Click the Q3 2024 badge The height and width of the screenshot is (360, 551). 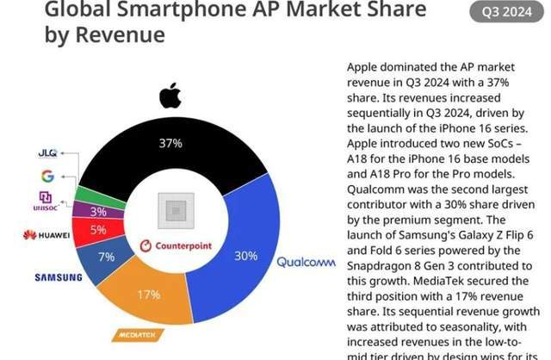click(x=505, y=12)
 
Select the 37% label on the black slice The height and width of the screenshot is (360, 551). click(x=170, y=144)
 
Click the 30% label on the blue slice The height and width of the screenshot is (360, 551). click(x=246, y=256)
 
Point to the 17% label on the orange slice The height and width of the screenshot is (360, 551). click(x=149, y=295)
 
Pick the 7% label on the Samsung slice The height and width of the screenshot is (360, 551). click(x=106, y=258)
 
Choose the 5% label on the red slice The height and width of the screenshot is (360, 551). click(x=98, y=230)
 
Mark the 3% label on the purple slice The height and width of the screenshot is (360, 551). click(x=98, y=211)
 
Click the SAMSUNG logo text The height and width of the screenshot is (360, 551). click(x=59, y=277)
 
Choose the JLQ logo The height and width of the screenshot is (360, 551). click(x=47, y=153)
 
